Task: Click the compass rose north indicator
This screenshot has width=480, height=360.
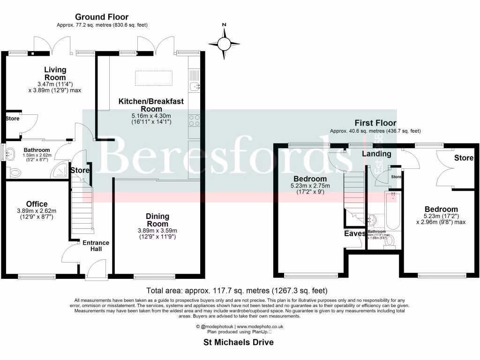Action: click(x=224, y=43)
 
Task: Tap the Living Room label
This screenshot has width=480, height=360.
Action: click(x=55, y=74)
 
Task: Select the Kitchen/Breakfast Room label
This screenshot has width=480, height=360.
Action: click(x=150, y=105)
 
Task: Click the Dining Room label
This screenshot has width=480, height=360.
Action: click(x=157, y=220)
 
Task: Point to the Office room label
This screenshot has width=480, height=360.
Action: click(x=37, y=204)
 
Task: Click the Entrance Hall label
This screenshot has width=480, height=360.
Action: click(x=96, y=246)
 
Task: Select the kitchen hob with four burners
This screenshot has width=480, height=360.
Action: click(x=194, y=121)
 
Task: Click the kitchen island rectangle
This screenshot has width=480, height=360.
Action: click(x=154, y=78)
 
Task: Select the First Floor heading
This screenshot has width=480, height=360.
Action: click(x=375, y=123)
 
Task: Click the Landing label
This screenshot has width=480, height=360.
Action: click(x=377, y=154)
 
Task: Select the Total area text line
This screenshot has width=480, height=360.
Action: click(x=237, y=291)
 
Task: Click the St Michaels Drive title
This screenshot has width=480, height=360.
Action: click(x=238, y=342)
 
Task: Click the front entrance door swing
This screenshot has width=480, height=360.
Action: click(x=97, y=270)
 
